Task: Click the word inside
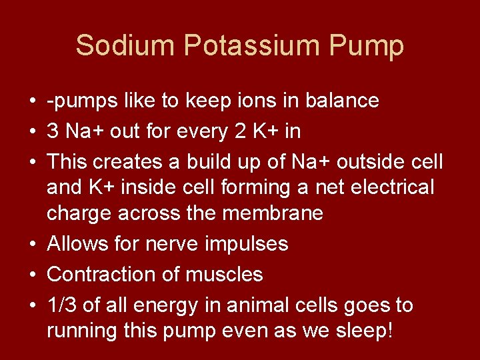[x=147, y=188]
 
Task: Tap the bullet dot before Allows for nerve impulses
[x=32, y=245]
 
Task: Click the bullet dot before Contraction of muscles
[x=32, y=275]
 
